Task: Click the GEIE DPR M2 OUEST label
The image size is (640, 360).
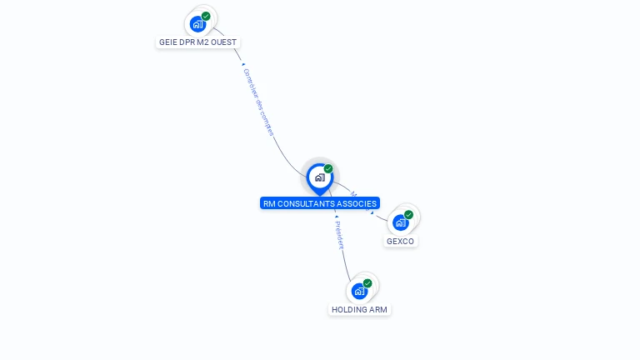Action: click(199, 42)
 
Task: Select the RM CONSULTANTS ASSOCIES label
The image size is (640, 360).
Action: click(320, 203)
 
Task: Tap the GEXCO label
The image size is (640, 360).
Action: click(400, 242)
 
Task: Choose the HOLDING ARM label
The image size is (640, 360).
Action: click(359, 309)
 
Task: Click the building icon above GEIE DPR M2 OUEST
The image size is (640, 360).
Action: click(197, 23)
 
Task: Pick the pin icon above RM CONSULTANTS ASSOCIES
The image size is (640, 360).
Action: click(319, 177)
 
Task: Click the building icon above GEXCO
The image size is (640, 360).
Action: click(401, 222)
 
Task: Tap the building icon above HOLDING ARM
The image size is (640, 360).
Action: click(359, 291)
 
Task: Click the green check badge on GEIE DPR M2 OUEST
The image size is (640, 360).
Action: click(206, 16)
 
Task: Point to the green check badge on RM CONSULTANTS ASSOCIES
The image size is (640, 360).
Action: click(328, 168)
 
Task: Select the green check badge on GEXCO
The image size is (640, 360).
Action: click(408, 214)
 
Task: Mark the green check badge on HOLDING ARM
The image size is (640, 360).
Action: click(367, 283)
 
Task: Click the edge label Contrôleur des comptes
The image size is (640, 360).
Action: click(258, 101)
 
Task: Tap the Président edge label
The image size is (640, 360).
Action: click(338, 235)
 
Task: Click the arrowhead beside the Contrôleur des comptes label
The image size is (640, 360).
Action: click(242, 64)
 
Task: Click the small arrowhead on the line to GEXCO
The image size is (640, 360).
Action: click(372, 212)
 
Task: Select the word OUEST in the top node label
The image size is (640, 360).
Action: click(225, 42)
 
